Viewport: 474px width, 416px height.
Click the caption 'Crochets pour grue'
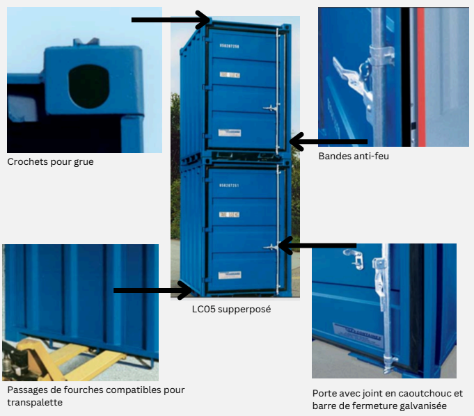pyautogui.click(x=50, y=162)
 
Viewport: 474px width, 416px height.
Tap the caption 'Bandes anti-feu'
pyautogui.click(x=354, y=157)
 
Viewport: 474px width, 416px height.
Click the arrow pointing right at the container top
pyautogui.click(x=171, y=20)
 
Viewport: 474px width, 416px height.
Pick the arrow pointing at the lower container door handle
pyautogui.click(x=317, y=245)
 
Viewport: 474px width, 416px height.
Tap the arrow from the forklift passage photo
pyautogui.click(x=152, y=290)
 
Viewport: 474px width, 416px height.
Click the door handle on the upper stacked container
pyautogui.click(x=271, y=107)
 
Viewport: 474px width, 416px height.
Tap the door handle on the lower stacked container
pyautogui.click(x=271, y=247)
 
